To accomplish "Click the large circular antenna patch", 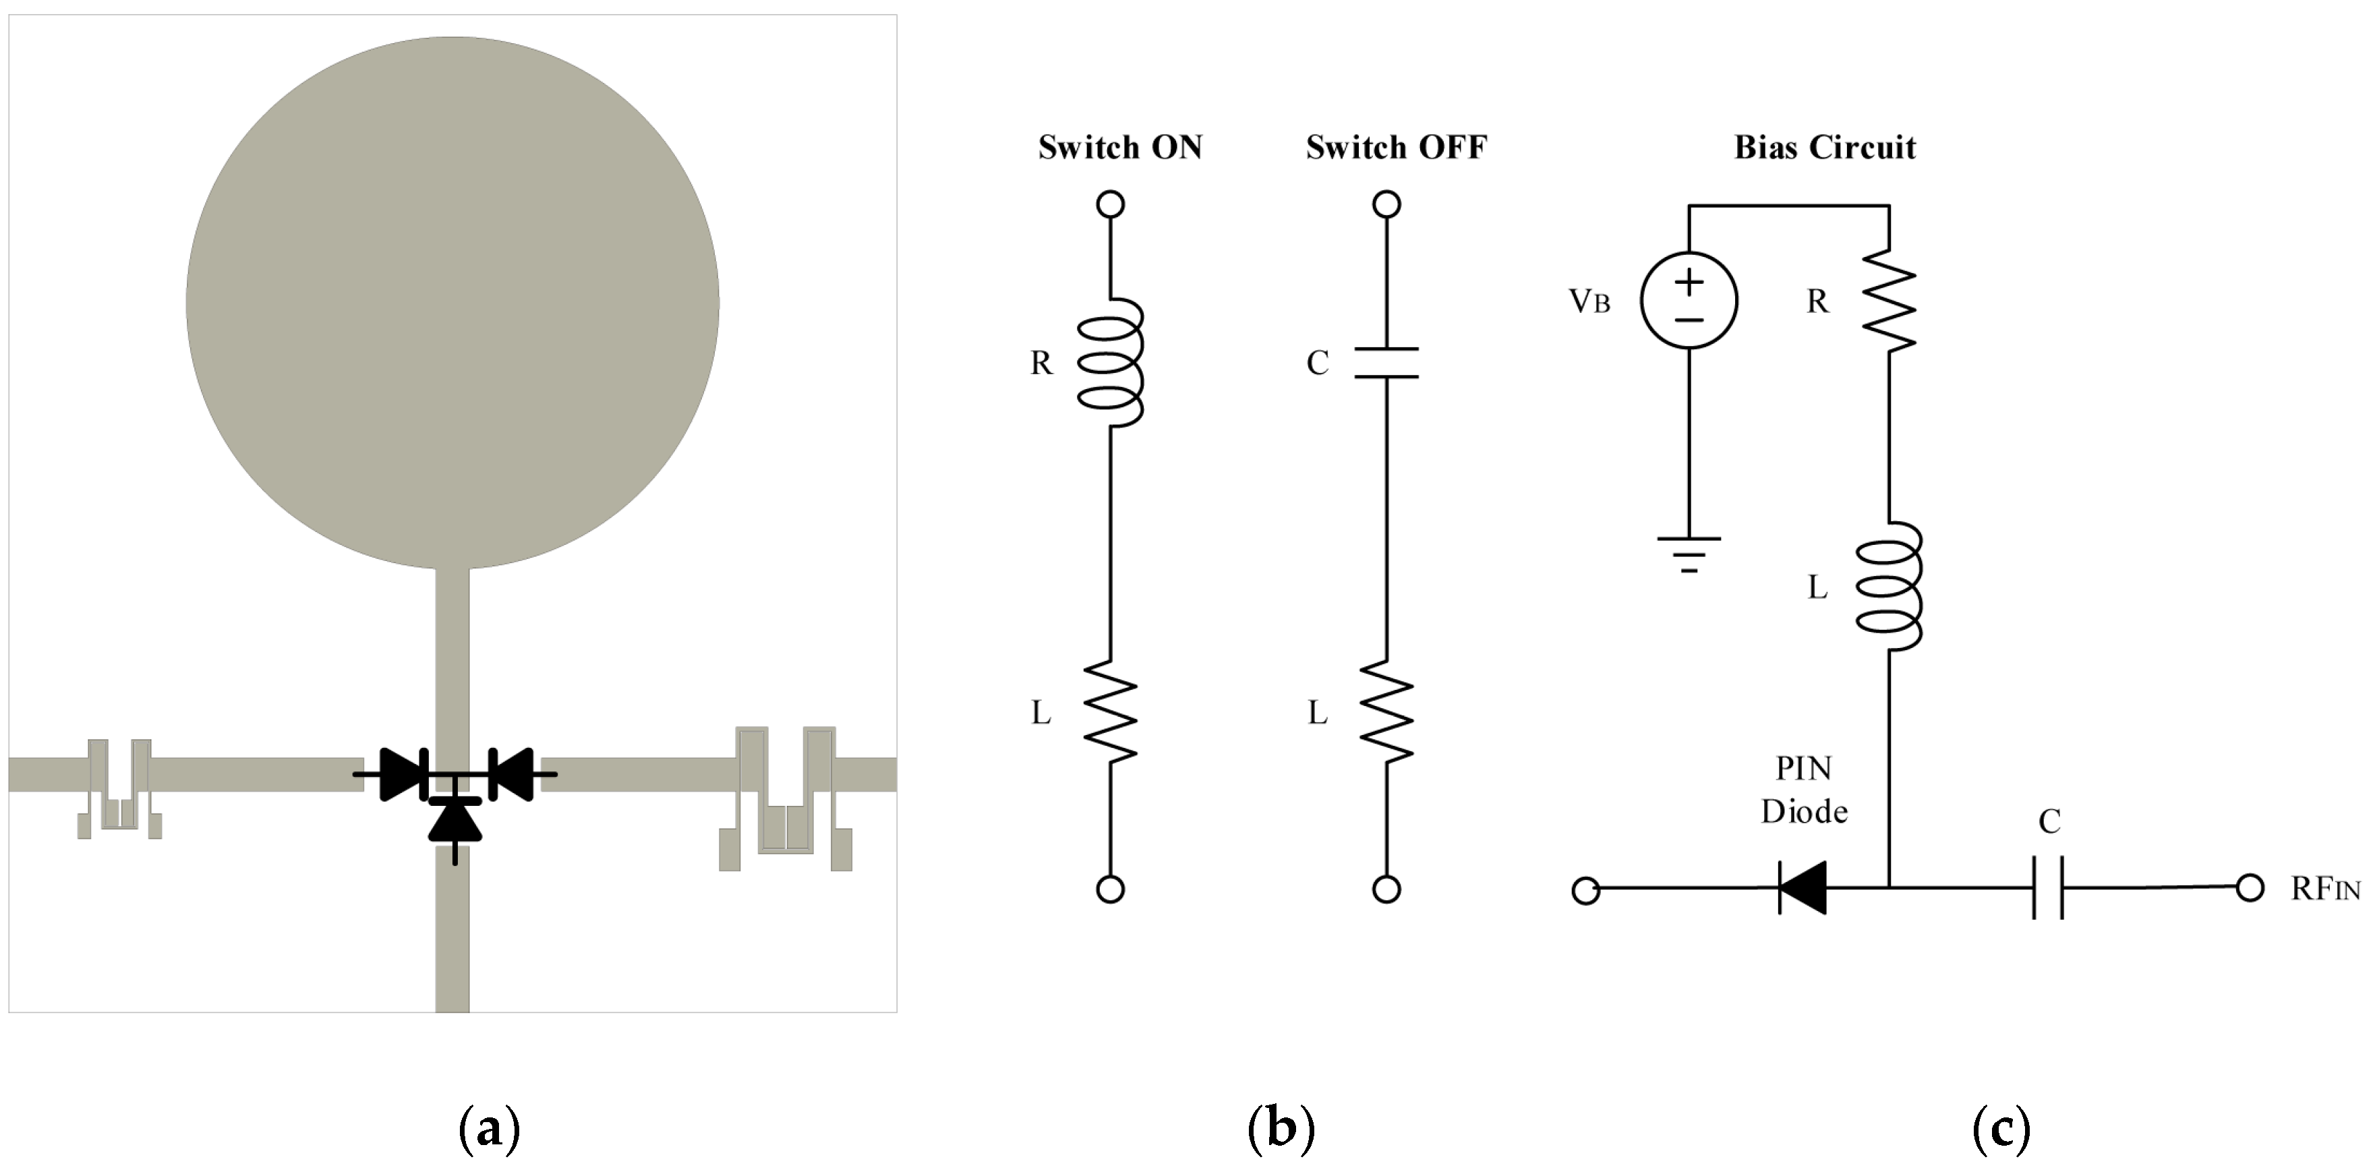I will coord(452,302).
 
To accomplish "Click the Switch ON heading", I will coord(1119,148).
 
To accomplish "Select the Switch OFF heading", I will coord(1396,148).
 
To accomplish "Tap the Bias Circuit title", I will coord(1824,148).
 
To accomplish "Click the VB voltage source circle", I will coord(1689,300).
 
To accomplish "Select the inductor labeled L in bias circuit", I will coord(1889,587).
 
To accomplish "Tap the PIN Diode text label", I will coord(1804,790).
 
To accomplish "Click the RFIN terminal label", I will coord(2324,889).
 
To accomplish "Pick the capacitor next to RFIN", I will coord(2048,888).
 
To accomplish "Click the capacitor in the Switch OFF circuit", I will coord(1386,363).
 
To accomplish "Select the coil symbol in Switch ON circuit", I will coord(1111,362).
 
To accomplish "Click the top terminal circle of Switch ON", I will coord(1111,204).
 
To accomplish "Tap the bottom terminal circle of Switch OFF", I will coord(1386,889).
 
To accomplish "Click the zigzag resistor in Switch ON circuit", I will coord(1111,711).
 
